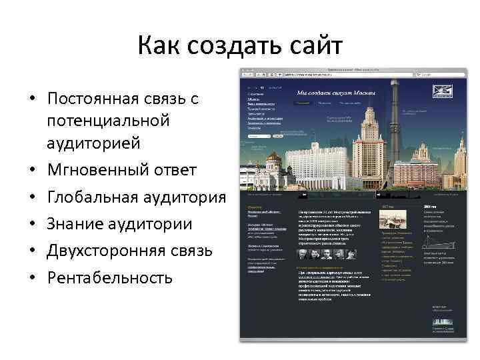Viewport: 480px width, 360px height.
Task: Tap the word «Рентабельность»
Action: click(110, 277)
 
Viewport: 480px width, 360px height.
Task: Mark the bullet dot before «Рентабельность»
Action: click(32, 279)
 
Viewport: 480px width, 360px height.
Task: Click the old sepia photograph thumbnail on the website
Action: click(389, 217)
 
